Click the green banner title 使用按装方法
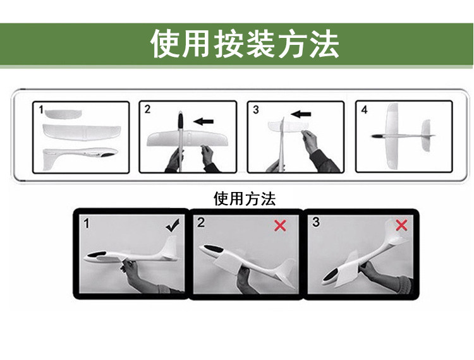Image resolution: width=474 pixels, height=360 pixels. pyautogui.click(x=245, y=44)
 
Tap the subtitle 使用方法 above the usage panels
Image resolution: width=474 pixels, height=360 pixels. pyautogui.click(x=245, y=199)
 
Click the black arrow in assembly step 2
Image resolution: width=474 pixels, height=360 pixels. pyautogui.click(x=203, y=122)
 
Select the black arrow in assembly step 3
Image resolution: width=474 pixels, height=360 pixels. pyautogui.click(x=301, y=114)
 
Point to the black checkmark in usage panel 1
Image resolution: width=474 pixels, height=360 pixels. pyautogui.click(x=173, y=225)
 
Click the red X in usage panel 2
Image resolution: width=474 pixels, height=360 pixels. pyautogui.click(x=280, y=225)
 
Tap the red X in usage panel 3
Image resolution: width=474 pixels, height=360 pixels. pyautogui.click(x=401, y=225)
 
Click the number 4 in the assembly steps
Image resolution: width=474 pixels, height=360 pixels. pyautogui.click(x=364, y=110)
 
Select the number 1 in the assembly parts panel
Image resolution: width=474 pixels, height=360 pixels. pyautogui.click(x=42, y=110)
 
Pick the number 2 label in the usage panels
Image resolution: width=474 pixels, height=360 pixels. pyautogui.click(x=201, y=223)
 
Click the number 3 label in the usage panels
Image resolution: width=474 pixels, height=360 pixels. pyautogui.click(x=316, y=222)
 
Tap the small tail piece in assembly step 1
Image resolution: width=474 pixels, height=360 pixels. pyautogui.click(x=63, y=114)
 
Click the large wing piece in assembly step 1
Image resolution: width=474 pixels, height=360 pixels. pyautogui.click(x=82, y=132)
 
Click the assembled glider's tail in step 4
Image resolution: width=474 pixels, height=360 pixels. pyautogui.click(x=426, y=136)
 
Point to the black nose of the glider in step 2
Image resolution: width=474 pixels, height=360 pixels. pyautogui.click(x=180, y=120)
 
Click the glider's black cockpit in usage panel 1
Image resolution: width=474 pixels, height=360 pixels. pyautogui.click(x=97, y=255)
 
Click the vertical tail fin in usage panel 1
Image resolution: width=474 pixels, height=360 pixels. pyautogui.click(x=170, y=247)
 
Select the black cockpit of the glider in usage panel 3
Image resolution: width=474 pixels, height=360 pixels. pyautogui.click(x=332, y=276)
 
